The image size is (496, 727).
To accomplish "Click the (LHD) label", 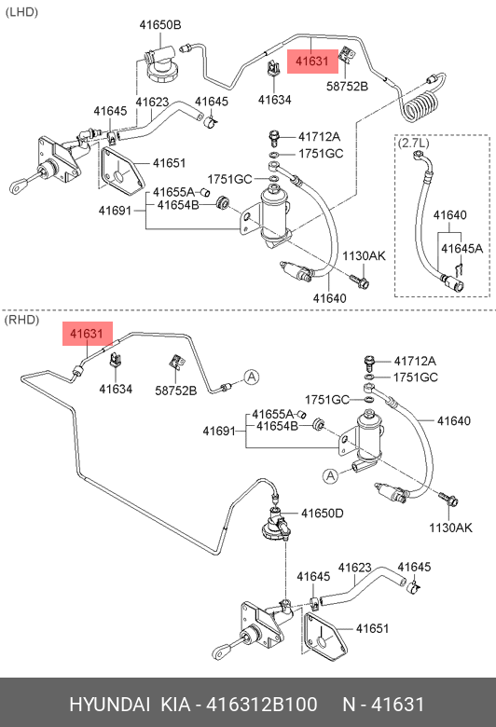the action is [21, 12].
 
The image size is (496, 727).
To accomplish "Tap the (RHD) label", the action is [21, 320].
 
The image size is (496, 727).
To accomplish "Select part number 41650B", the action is [160, 24].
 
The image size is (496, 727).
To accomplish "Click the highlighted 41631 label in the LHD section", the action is [312, 62].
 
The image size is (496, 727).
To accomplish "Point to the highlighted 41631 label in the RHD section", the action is [88, 334].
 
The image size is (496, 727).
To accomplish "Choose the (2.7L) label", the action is [413, 143].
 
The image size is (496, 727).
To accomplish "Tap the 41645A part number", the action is [462, 249].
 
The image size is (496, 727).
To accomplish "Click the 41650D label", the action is [322, 514].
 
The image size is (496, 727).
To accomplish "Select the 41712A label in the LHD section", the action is [319, 137].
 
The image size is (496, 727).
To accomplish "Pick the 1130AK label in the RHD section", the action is [450, 528].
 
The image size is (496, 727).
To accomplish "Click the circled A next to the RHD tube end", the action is [251, 377].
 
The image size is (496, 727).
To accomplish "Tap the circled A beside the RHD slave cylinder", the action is [330, 475].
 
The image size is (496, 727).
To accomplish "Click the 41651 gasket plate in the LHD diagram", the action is [121, 172].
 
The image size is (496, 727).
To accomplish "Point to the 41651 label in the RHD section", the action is [373, 628].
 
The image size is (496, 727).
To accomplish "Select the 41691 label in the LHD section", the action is [115, 211].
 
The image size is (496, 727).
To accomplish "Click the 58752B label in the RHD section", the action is [176, 391].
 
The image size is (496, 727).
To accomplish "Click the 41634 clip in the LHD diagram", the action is [274, 69].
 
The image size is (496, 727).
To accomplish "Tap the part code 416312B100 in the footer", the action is [262, 705].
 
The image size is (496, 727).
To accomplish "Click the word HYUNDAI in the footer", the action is [109, 705].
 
